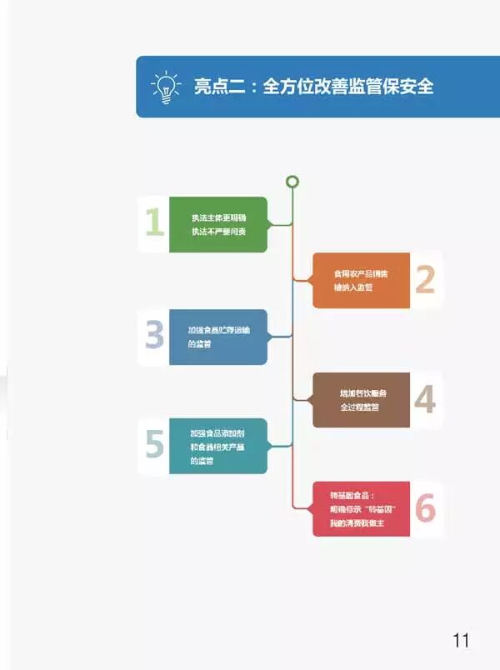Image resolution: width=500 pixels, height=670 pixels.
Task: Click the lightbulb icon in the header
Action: (166, 87)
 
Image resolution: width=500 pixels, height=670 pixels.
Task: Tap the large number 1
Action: (154, 223)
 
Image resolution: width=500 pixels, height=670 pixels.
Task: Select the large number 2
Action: (425, 280)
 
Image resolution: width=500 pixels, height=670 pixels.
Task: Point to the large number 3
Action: (154, 336)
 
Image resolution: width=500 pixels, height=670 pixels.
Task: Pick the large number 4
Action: (425, 400)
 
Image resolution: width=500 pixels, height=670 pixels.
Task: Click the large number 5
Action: (154, 446)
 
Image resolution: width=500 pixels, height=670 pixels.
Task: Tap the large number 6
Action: (425, 508)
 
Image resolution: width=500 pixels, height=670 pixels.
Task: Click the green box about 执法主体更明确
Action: (218, 224)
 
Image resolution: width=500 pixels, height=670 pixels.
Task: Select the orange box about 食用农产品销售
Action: (362, 280)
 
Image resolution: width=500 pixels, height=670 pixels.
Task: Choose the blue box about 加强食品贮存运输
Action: (218, 337)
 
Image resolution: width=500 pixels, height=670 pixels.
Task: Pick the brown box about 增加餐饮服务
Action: (362, 400)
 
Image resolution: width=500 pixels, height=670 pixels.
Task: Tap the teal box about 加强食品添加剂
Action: (218, 446)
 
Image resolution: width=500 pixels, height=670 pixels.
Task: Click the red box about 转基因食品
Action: (362, 508)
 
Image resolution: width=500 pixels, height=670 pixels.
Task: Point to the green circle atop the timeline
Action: (292, 182)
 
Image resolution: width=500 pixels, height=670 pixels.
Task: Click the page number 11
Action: (461, 640)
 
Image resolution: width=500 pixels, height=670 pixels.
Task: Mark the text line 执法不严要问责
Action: (218, 231)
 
